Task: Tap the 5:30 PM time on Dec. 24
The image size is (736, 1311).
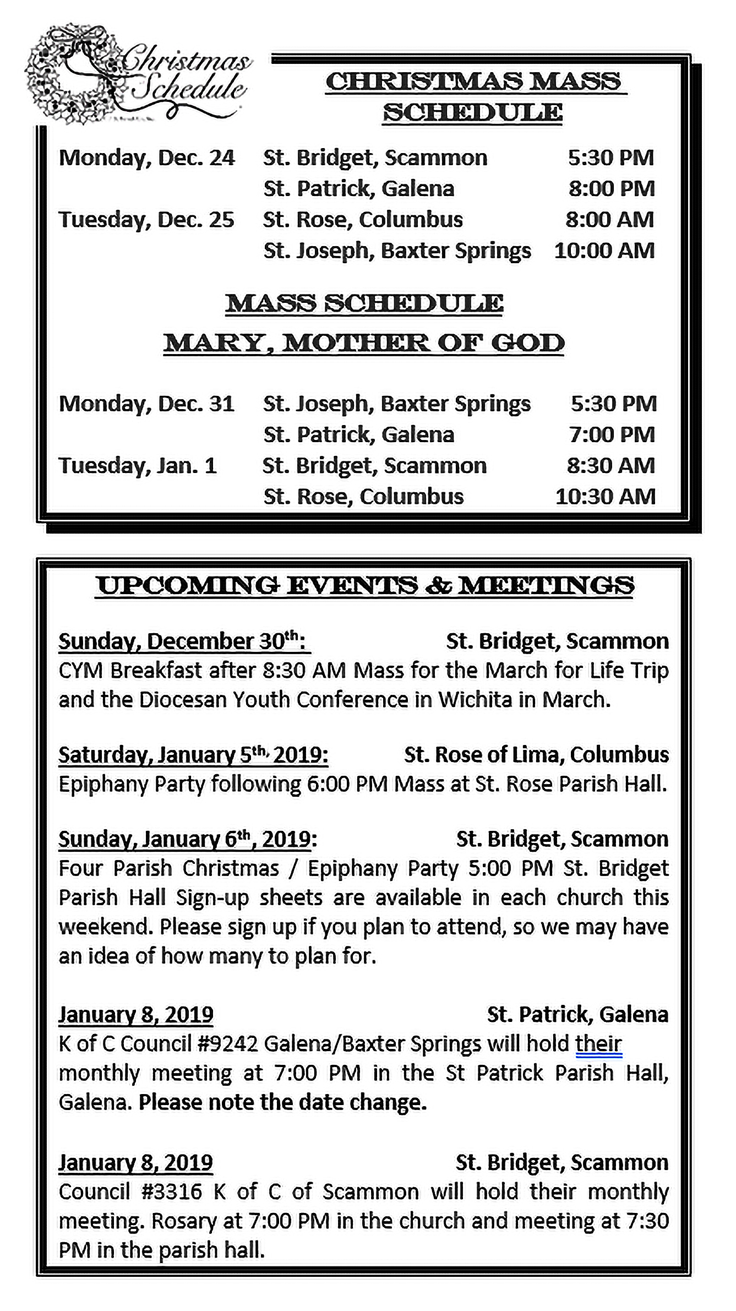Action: [x=611, y=158]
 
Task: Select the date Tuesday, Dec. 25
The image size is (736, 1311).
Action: [x=146, y=220]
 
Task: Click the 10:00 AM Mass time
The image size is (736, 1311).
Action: [x=604, y=251]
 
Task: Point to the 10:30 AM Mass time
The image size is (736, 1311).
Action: [x=605, y=497]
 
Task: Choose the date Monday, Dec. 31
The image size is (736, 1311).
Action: [x=146, y=404]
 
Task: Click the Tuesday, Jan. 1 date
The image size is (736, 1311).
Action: [x=138, y=466]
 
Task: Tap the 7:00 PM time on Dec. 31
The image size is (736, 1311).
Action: [x=612, y=435]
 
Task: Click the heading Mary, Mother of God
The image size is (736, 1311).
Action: [x=364, y=343]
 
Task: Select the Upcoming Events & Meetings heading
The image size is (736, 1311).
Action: [x=365, y=585]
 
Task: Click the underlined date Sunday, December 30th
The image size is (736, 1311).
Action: [x=184, y=641]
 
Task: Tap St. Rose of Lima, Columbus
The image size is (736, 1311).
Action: [x=536, y=754]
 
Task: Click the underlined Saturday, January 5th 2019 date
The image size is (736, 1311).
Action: [x=193, y=754]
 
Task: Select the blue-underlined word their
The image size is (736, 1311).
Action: [x=598, y=1043]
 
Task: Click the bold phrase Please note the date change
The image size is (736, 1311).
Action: [x=282, y=1102]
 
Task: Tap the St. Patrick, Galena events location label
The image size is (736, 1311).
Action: [x=577, y=1014]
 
